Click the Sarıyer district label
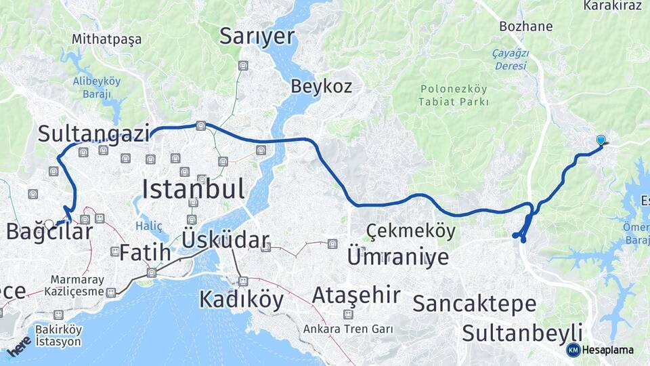(x=257, y=37)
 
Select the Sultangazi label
(x=93, y=134)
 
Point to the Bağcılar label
(x=49, y=232)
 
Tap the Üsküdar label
(x=225, y=239)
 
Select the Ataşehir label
(x=356, y=295)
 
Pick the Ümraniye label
(x=397, y=257)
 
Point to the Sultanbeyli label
(x=522, y=333)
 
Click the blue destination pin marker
(x=601, y=140)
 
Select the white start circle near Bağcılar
(x=49, y=223)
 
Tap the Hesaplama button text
(x=607, y=350)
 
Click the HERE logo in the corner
(x=18, y=346)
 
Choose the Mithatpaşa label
(x=106, y=39)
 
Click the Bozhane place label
(x=525, y=27)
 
